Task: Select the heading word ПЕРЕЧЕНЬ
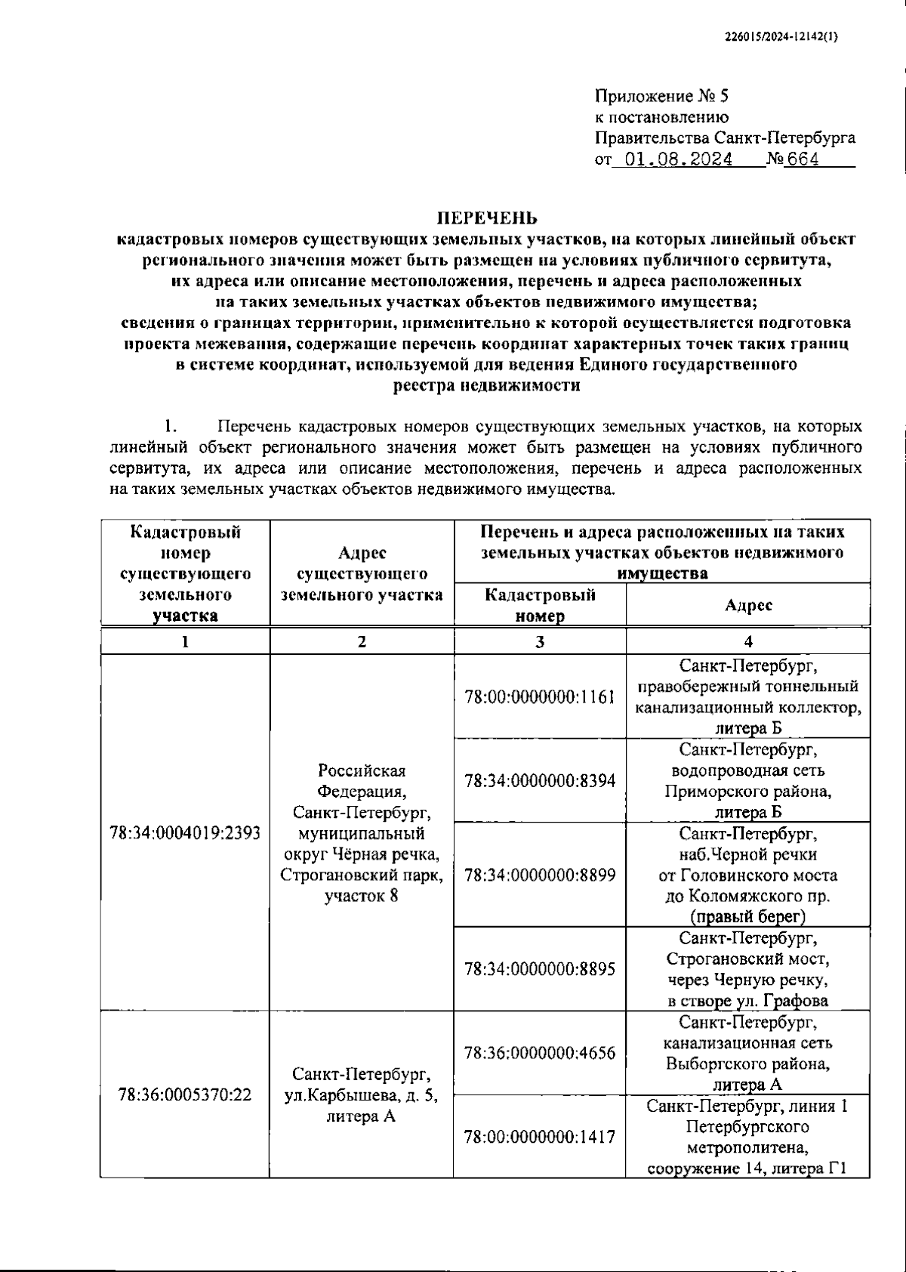click(x=488, y=218)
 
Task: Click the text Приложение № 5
click(x=661, y=96)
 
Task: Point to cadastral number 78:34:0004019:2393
click(x=185, y=832)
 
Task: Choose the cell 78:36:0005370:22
click(x=185, y=1094)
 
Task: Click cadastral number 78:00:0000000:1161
click(x=540, y=696)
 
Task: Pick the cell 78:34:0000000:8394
click(x=540, y=780)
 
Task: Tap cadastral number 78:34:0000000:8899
click(x=540, y=875)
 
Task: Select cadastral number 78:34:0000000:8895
click(x=540, y=969)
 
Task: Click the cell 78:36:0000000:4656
click(x=540, y=1052)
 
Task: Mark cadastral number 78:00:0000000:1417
click(x=540, y=1136)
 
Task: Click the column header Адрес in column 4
click(x=748, y=605)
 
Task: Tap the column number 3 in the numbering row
click(x=539, y=642)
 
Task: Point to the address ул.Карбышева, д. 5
click(x=361, y=1095)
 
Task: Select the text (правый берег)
click(x=747, y=917)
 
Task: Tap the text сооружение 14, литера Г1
click(x=747, y=1169)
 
